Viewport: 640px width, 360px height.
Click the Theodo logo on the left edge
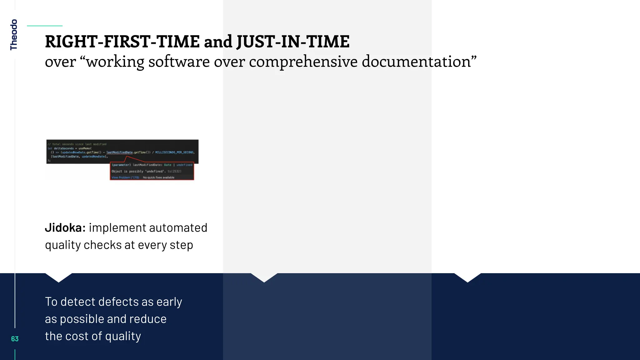pos(14,34)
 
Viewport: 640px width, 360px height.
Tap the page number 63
pos(15,339)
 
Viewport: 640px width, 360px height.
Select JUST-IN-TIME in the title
pos(293,42)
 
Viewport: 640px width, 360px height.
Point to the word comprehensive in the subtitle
pos(303,62)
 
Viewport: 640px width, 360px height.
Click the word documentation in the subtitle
pos(419,62)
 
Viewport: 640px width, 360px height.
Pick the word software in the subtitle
pos(179,62)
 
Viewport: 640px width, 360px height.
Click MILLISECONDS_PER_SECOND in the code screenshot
pos(174,152)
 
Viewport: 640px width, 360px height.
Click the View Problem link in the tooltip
pos(125,177)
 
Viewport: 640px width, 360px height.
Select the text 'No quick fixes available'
pos(159,177)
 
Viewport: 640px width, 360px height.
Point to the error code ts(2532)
pos(174,171)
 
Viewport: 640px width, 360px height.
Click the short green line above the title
pos(45,26)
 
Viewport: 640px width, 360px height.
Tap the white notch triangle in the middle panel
pos(264,277)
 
